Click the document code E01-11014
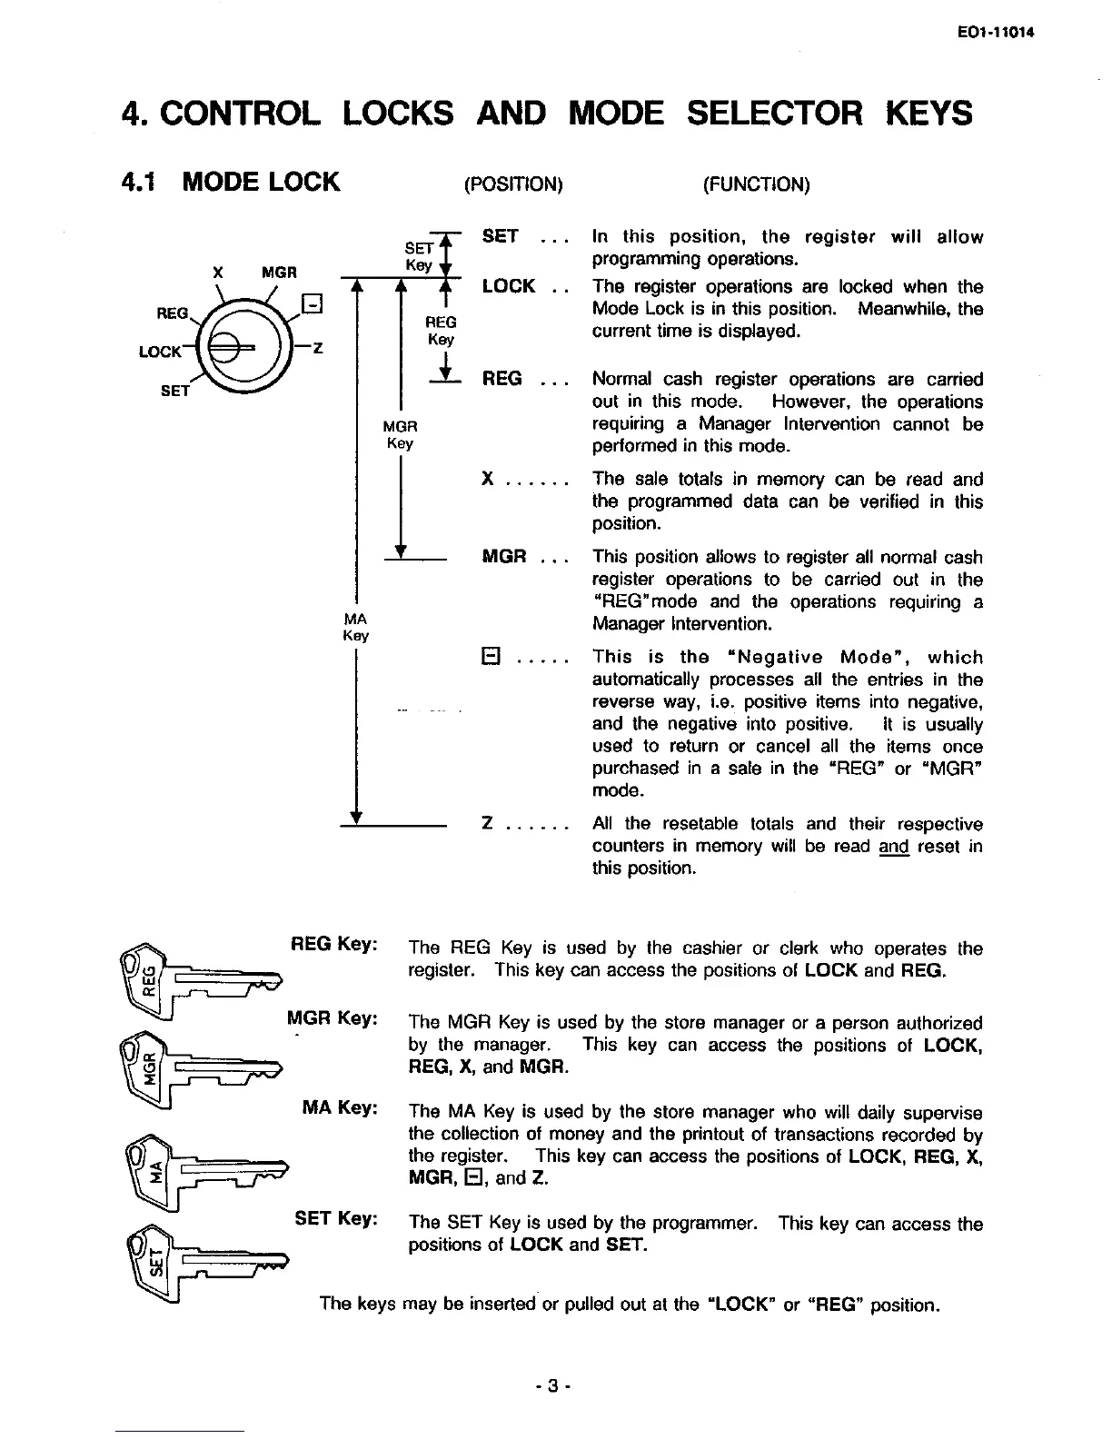(x=996, y=33)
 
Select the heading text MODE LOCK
(x=261, y=182)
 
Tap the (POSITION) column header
(x=513, y=184)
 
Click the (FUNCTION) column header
(x=756, y=184)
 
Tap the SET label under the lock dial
(x=174, y=391)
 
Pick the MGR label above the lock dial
(x=279, y=272)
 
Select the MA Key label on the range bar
(x=355, y=627)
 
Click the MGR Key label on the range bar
(x=400, y=434)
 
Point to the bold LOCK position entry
(x=509, y=286)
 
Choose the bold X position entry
(x=488, y=479)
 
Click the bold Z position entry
(x=488, y=824)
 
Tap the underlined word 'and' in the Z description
(x=894, y=847)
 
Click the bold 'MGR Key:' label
(x=332, y=1018)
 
